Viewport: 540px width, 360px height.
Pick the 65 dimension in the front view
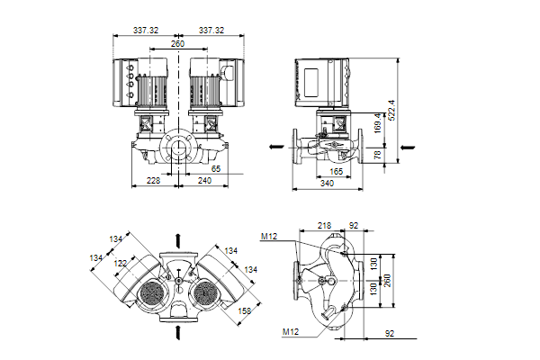(x=215, y=168)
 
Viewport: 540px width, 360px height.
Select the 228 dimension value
(x=153, y=181)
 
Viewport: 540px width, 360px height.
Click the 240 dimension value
(x=205, y=181)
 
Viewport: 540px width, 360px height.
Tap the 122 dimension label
(x=120, y=263)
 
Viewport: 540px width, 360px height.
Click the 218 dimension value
(x=325, y=226)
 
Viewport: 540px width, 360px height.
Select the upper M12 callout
(x=268, y=237)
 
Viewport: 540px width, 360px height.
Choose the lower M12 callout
(x=290, y=332)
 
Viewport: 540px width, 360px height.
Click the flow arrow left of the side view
(x=269, y=145)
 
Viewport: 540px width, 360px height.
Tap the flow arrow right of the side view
(x=407, y=145)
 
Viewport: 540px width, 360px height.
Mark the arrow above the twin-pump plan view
(x=180, y=238)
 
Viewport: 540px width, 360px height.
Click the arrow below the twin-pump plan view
(x=180, y=332)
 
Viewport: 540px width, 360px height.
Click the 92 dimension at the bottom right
(x=390, y=334)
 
